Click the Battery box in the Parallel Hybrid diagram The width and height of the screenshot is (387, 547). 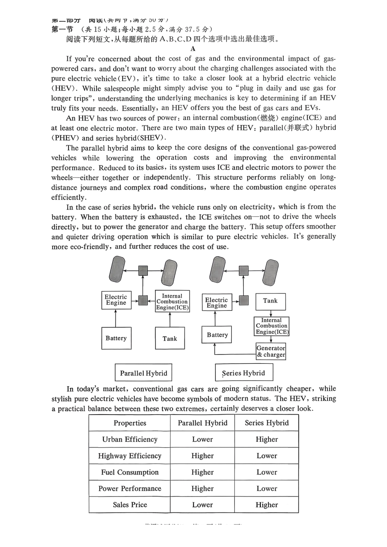[116, 338]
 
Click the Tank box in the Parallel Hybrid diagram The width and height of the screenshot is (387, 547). [169, 338]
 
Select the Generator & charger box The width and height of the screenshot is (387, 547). [271, 351]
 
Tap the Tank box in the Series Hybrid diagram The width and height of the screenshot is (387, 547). [270, 301]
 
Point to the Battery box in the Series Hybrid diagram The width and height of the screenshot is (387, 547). [217, 335]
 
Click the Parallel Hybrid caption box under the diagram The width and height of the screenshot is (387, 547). [143, 373]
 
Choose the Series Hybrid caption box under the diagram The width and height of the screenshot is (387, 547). [244, 373]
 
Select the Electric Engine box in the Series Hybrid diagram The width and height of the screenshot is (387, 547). [217, 303]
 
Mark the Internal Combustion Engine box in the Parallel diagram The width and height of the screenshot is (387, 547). [172, 302]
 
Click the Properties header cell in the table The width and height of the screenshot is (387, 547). [130, 423]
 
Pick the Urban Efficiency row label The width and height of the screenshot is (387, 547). [130, 439]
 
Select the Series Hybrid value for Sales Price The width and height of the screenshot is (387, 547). [267, 505]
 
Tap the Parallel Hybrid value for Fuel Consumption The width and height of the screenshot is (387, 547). [202, 472]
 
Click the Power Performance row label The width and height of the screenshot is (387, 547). [130, 488]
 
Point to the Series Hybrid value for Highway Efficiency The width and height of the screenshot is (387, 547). [267, 456]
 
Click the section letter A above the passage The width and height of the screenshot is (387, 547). [193, 49]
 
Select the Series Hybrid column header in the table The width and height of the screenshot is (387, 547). [267, 423]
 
